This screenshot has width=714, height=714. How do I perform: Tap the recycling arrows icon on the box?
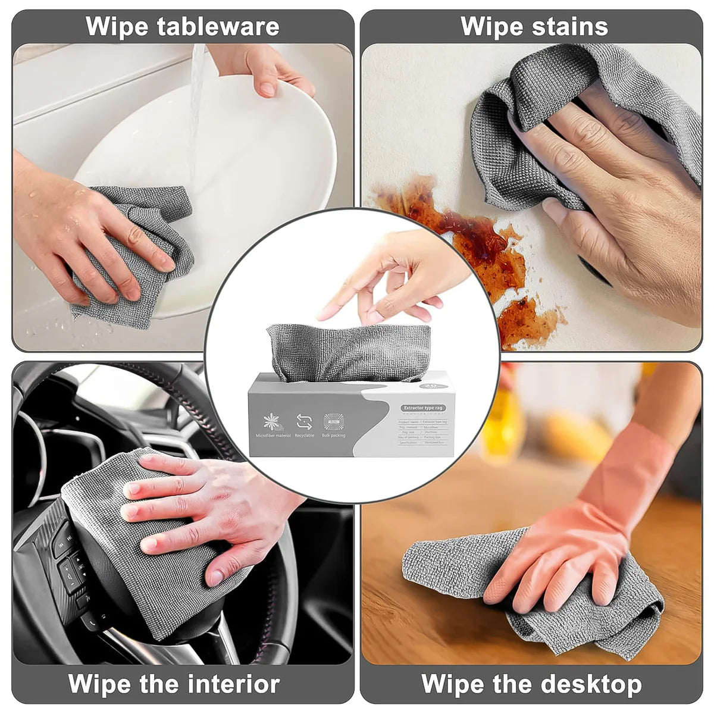click(304, 422)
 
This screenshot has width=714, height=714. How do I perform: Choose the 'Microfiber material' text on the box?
click(274, 436)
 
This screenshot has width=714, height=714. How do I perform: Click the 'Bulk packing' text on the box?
click(334, 436)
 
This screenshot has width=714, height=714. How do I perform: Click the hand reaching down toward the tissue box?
click(393, 274)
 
